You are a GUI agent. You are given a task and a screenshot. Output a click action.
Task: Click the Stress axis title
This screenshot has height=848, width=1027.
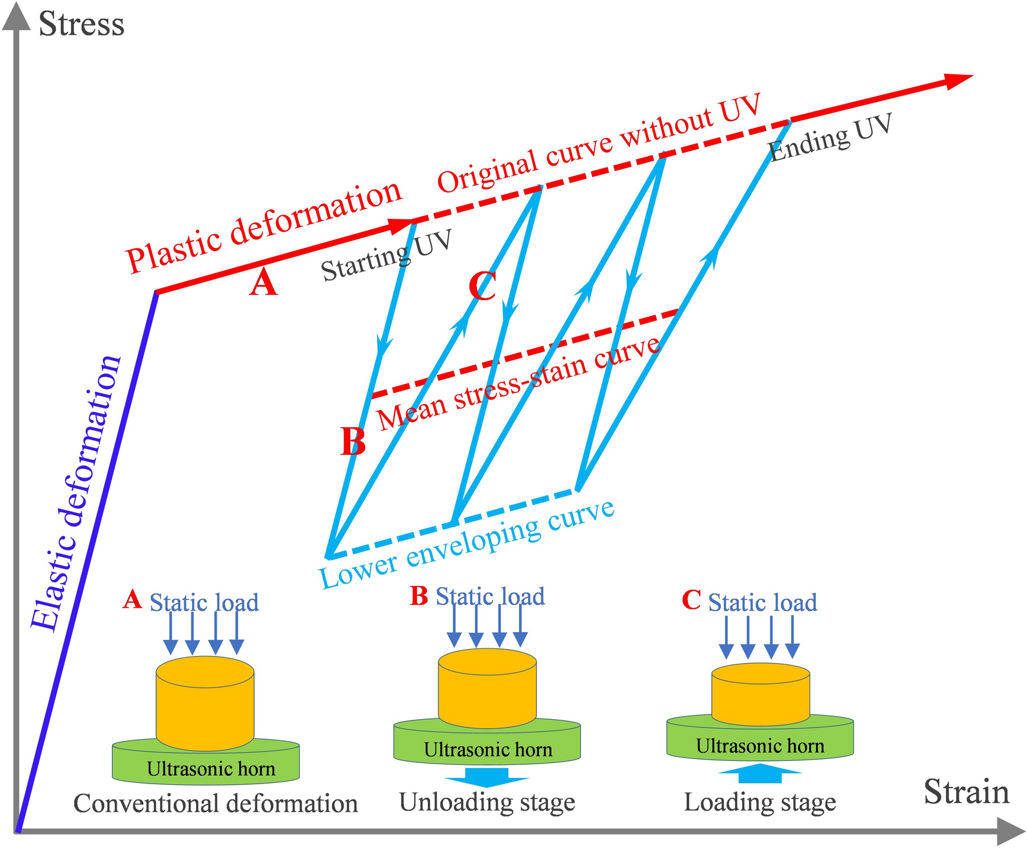pyautogui.click(x=81, y=24)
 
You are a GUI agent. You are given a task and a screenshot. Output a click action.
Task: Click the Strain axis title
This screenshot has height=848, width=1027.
pyautogui.click(x=966, y=792)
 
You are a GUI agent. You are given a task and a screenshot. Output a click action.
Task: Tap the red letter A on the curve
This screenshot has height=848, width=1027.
pyautogui.click(x=263, y=283)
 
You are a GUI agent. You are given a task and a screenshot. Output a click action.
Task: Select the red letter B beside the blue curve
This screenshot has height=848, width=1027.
pyautogui.click(x=353, y=441)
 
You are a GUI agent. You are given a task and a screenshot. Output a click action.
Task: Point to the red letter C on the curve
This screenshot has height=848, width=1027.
pyautogui.click(x=482, y=286)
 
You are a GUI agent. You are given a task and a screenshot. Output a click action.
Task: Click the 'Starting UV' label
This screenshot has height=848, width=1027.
pyautogui.click(x=386, y=256)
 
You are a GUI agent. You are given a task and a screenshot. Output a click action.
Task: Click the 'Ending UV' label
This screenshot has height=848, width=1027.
pyautogui.click(x=830, y=138)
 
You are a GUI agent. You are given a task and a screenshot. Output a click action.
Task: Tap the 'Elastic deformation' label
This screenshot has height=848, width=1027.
pyautogui.click(x=76, y=493)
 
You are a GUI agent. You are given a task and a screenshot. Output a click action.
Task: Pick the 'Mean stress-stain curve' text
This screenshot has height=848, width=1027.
pyautogui.click(x=519, y=383)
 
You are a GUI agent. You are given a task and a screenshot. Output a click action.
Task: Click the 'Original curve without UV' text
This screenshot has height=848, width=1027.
pyautogui.click(x=600, y=143)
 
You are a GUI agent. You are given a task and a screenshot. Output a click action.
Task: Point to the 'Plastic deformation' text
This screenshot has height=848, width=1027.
pyautogui.click(x=264, y=227)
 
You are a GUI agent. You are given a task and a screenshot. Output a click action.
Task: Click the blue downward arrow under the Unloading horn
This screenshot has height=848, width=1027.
pyautogui.click(x=487, y=776)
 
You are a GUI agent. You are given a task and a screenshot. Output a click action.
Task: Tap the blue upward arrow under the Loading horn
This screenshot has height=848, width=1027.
pyautogui.click(x=760, y=773)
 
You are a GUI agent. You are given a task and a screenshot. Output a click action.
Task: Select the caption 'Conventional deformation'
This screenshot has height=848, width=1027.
pyautogui.click(x=215, y=804)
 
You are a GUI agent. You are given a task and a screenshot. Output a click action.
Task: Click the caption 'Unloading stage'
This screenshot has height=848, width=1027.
pyautogui.click(x=487, y=802)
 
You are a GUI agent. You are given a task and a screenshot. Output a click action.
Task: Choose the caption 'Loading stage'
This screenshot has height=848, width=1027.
pyautogui.click(x=759, y=802)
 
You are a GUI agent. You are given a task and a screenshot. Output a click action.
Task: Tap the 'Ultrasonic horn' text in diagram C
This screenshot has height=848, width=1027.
pyautogui.click(x=760, y=746)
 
